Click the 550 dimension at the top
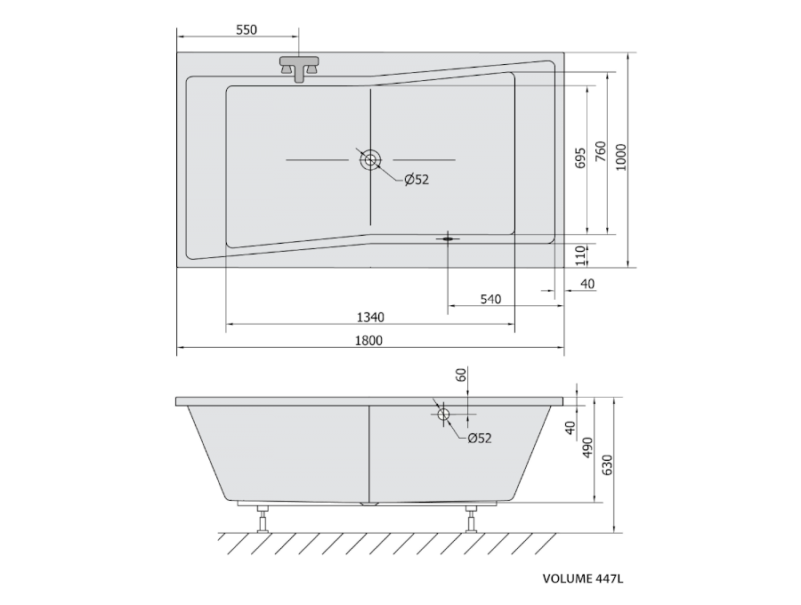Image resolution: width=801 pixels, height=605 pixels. [247, 29]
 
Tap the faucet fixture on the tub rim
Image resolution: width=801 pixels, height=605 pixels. [299, 69]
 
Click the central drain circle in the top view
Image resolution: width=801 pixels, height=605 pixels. [370, 160]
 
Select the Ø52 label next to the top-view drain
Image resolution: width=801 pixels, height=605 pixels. [417, 180]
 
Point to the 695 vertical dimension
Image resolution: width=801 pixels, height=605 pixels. [579, 158]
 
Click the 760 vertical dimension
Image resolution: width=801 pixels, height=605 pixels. [600, 152]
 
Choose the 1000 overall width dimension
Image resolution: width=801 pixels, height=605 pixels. [620, 157]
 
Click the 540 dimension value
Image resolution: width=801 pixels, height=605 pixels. [490, 299]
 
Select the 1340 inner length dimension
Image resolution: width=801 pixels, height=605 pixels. [370, 318]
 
